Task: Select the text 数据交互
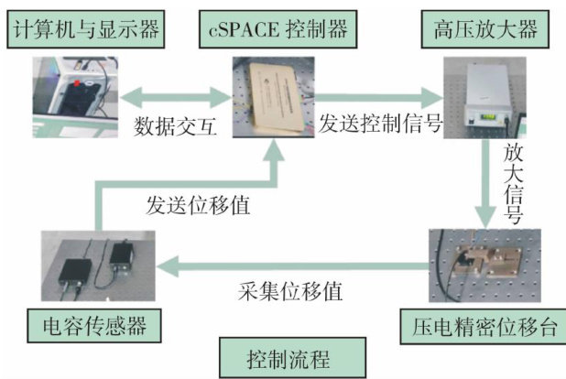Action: pos(176,126)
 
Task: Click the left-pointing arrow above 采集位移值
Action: pos(293,265)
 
